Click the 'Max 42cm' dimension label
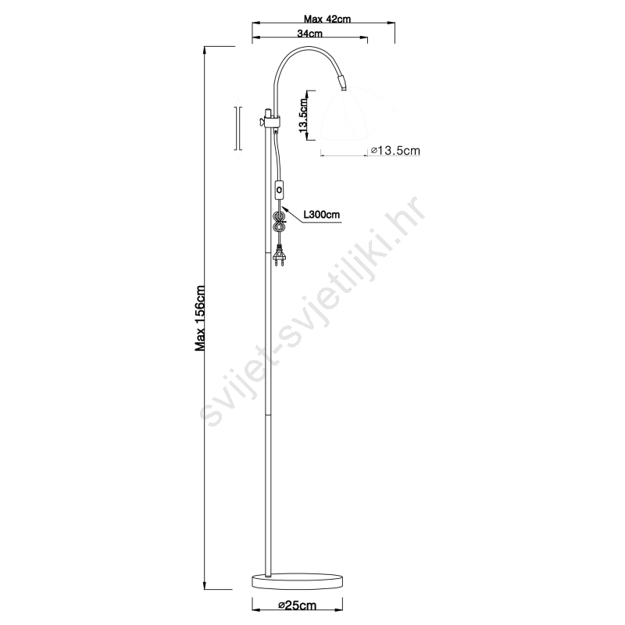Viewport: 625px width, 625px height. (327, 19)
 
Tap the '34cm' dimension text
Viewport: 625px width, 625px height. (309, 33)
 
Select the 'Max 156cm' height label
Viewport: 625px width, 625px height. (200, 318)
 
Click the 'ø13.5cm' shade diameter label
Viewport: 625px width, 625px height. (395, 150)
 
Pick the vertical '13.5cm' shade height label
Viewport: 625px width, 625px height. (302, 116)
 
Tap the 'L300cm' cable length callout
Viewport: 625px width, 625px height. (322, 214)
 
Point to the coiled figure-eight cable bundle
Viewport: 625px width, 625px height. (279, 222)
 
